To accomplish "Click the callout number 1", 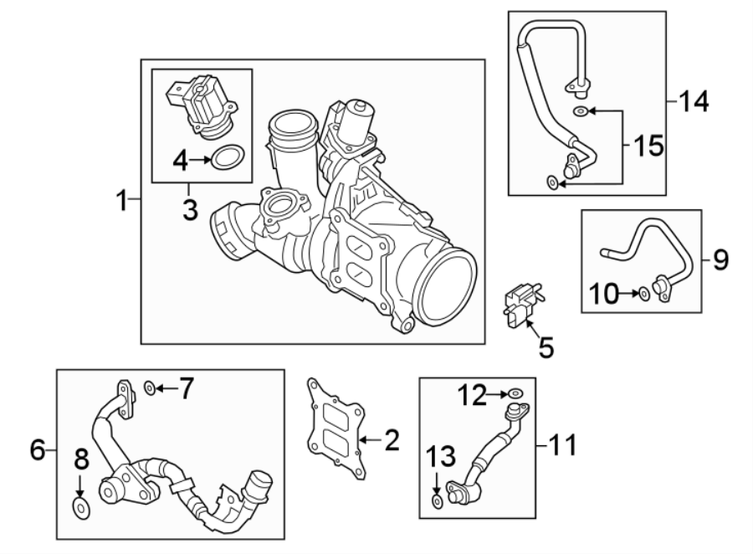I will coord(122,201).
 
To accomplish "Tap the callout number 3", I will coord(190,208).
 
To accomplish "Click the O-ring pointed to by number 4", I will coord(228,156).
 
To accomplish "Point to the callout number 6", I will coord(37,450).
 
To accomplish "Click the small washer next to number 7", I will coord(148,387).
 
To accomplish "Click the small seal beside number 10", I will coord(643,294).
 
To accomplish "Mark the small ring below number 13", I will coord(438,500).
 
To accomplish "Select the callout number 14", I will coord(694,102).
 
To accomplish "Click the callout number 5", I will coord(546,346).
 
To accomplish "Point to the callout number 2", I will coord(391,439).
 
